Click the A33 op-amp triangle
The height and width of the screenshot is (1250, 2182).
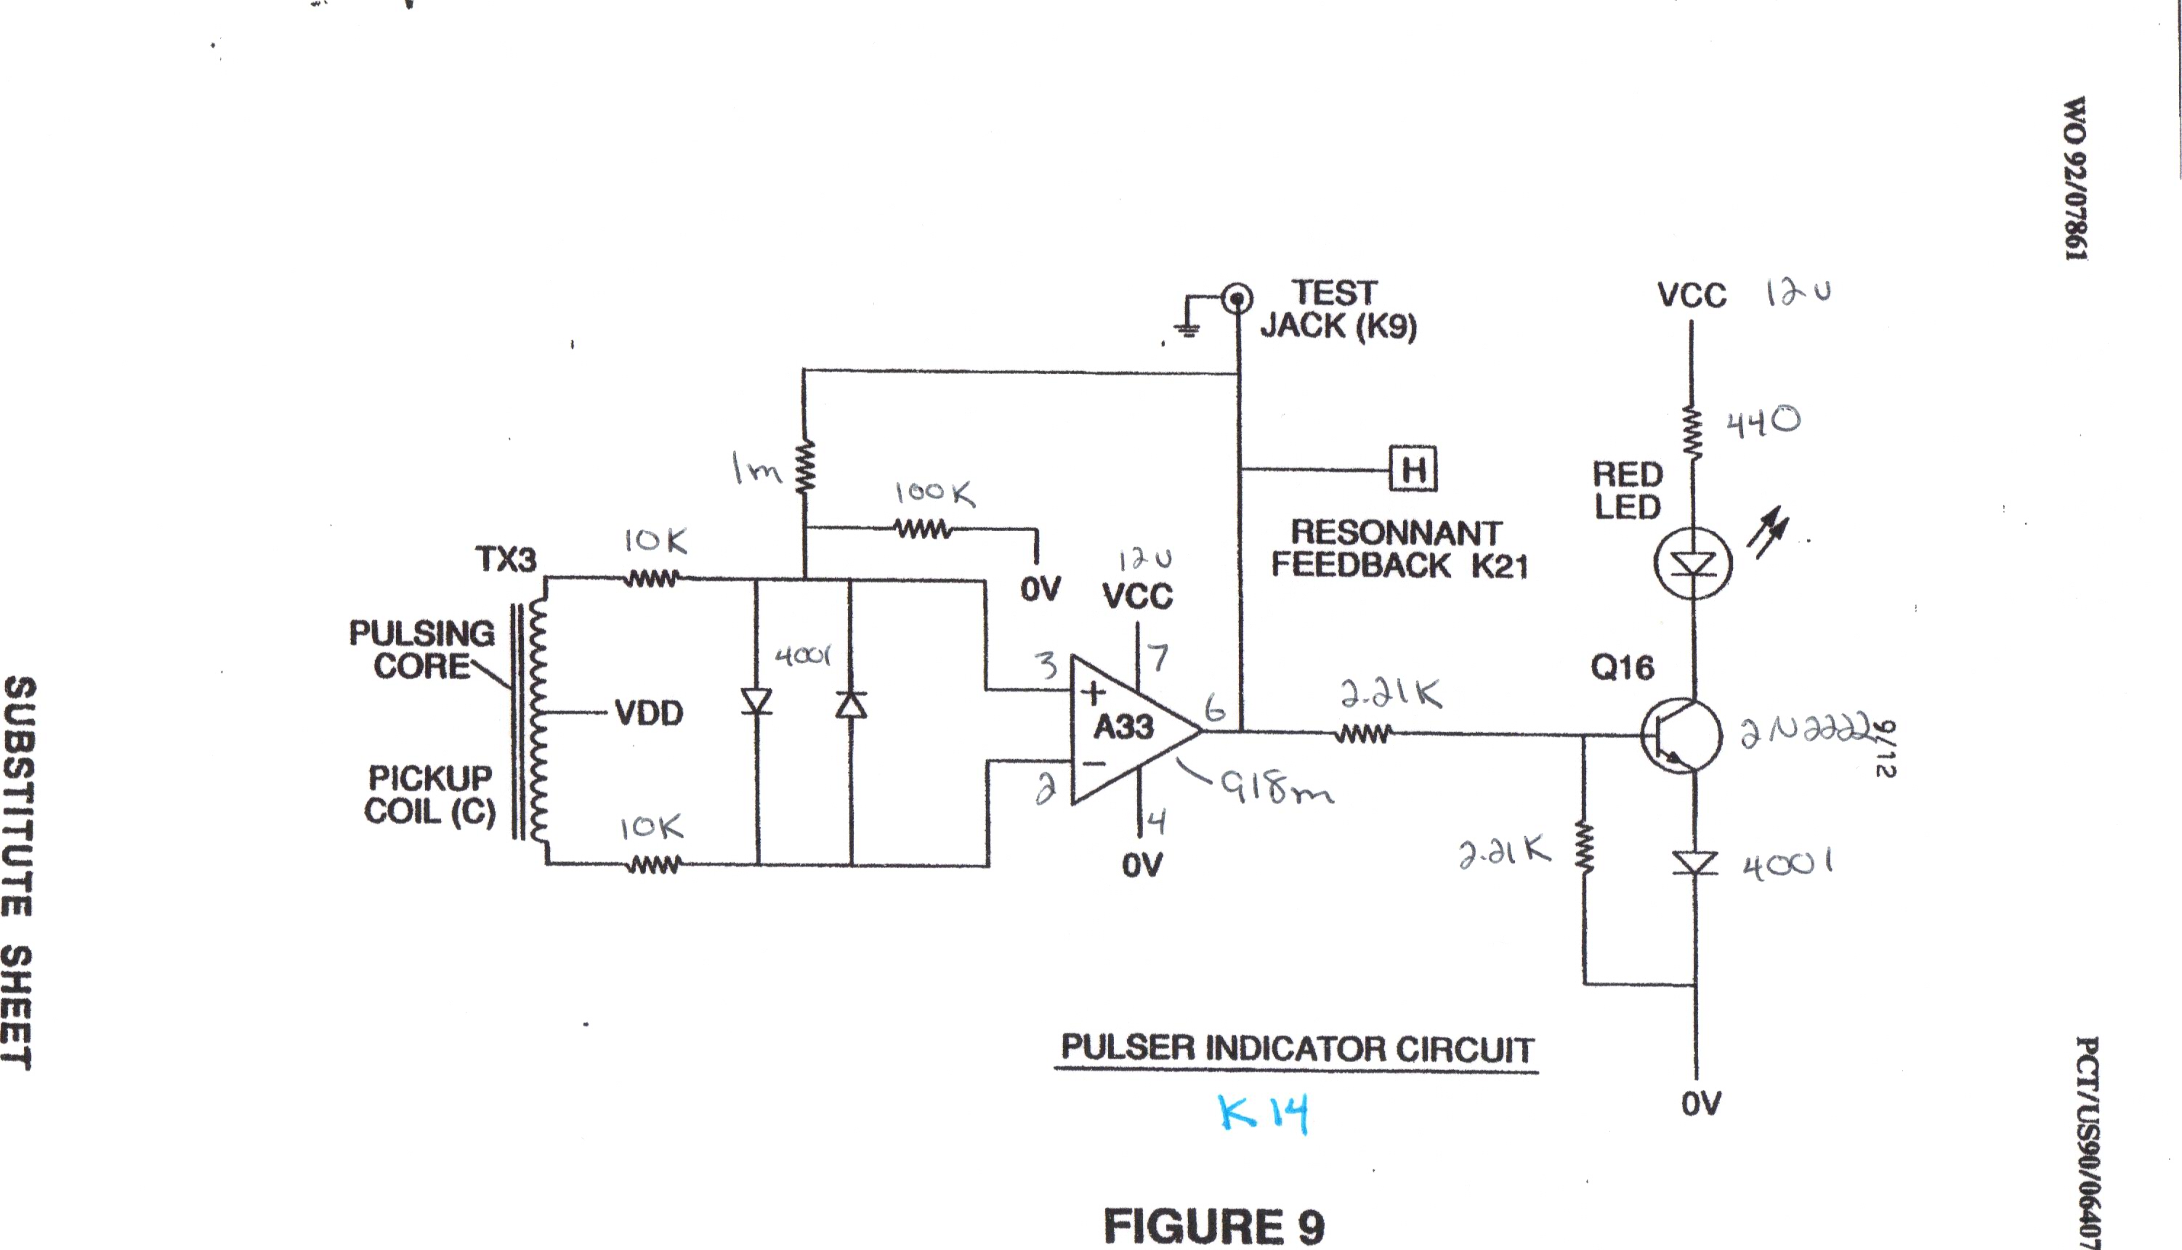pyautogui.click(x=1129, y=730)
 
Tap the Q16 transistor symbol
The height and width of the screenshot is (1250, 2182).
pyautogui.click(x=1681, y=736)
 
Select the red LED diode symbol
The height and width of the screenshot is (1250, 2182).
pyautogui.click(x=1692, y=563)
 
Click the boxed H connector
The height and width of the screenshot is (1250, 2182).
pyautogui.click(x=1413, y=468)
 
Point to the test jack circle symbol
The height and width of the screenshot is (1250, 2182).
pyautogui.click(x=1237, y=299)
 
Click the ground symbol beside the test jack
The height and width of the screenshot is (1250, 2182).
pyautogui.click(x=1187, y=328)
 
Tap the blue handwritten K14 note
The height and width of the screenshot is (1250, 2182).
pyautogui.click(x=1263, y=1113)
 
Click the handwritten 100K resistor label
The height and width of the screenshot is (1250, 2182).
pyautogui.click(x=934, y=492)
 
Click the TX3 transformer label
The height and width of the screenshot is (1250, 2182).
pyautogui.click(x=506, y=560)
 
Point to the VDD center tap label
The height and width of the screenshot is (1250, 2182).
pyautogui.click(x=648, y=713)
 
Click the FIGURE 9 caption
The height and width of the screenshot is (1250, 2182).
pyautogui.click(x=1213, y=1225)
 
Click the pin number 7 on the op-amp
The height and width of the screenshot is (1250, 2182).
pyautogui.click(x=1158, y=657)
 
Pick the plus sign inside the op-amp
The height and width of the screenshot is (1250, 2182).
pyautogui.click(x=1093, y=692)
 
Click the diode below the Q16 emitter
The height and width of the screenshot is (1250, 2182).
pyautogui.click(x=1695, y=863)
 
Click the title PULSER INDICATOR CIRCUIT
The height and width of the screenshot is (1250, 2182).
pyautogui.click(x=1297, y=1048)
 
